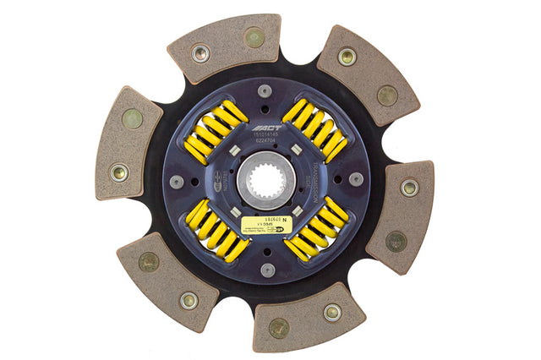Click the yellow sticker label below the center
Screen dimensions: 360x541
coord(265,224)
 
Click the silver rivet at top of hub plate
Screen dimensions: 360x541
coord(265,90)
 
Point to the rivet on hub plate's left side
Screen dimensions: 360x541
coord(176,182)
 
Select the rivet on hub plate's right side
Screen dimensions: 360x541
coord(356,179)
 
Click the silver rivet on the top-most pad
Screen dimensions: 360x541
coord(200,54)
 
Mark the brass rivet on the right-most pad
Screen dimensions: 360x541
coord(396,241)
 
